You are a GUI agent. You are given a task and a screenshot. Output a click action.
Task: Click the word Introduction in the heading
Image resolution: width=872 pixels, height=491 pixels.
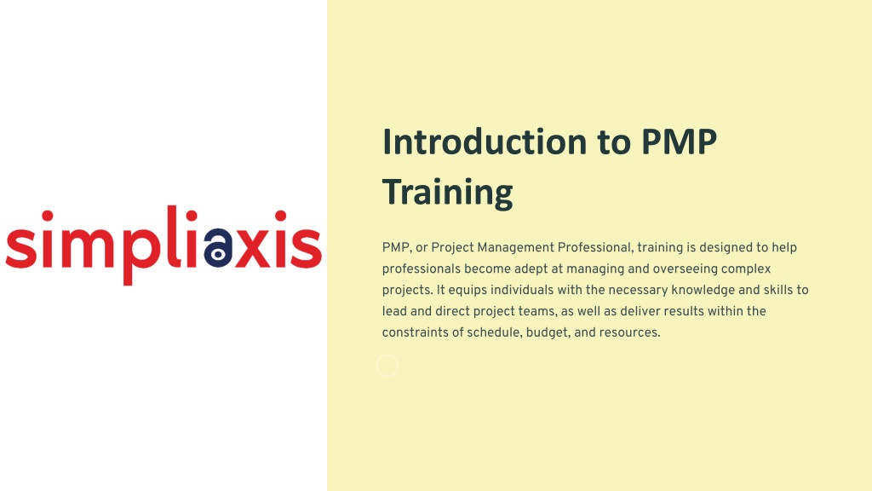coord(485,142)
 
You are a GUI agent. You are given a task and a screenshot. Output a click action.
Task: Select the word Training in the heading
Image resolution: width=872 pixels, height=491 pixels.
coord(447,194)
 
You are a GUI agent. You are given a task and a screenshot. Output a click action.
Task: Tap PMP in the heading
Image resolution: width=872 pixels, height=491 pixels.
coord(679,142)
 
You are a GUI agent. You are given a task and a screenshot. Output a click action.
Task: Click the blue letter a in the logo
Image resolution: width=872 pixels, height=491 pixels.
coord(218,248)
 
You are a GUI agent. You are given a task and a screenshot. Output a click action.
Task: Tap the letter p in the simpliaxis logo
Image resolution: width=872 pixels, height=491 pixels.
coord(141,257)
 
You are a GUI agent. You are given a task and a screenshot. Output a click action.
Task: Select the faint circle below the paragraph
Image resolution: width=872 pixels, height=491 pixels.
coord(387,366)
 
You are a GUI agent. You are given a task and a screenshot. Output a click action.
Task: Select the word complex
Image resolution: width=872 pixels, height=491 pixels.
coord(746,269)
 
